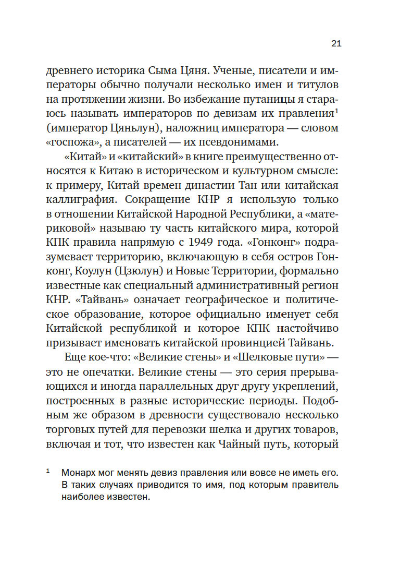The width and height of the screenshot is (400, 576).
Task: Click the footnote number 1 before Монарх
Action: click(x=47, y=471)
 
